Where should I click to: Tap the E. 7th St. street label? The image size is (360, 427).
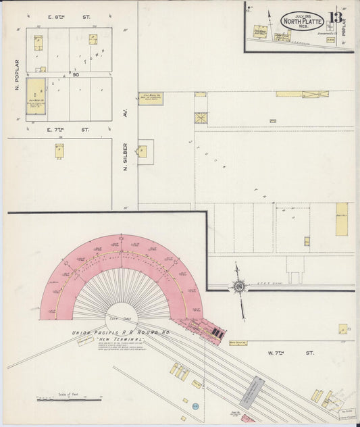[x=68, y=129]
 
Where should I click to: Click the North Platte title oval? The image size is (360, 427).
[x=302, y=21]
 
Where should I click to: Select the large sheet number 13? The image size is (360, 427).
[x=336, y=18]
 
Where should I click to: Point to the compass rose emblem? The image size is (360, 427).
[x=238, y=286]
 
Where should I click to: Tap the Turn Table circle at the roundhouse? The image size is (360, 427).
[x=122, y=318]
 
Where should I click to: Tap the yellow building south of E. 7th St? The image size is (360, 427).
[x=59, y=151]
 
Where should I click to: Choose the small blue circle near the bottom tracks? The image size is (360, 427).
[x=195, y=405]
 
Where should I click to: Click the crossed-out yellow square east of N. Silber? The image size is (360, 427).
[x=201, y=118]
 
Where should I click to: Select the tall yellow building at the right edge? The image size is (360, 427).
[x=342, y=219]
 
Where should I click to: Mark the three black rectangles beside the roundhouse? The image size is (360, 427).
[x=215, y=332]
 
